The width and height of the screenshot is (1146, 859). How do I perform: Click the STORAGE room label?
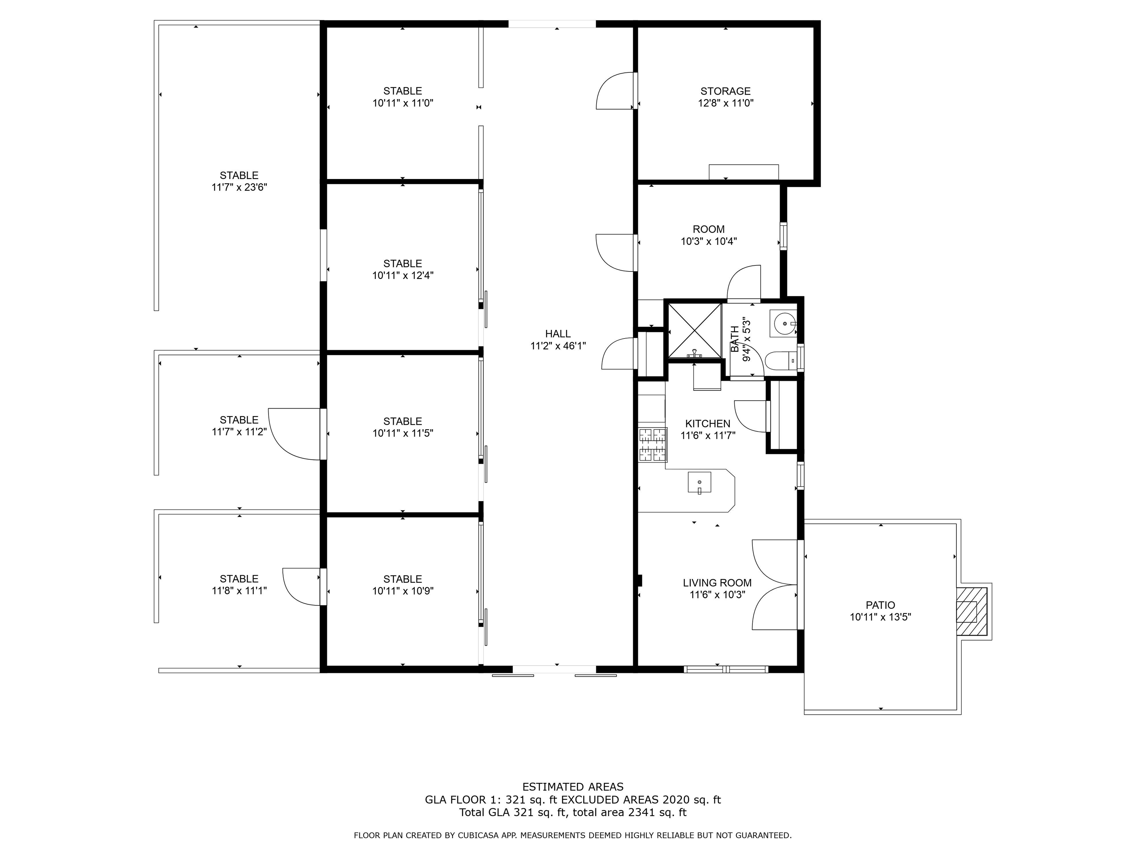tap(725, 91)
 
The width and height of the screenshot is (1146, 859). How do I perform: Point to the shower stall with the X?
tap(694, 330)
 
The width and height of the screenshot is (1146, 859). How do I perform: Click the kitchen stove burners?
tap(652, 445)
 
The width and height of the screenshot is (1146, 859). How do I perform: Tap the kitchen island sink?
tap(699, 482)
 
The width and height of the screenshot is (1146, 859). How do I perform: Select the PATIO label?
tap(880, 605)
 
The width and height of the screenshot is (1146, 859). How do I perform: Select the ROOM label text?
tap(708, 229)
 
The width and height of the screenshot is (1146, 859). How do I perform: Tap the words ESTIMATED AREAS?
tap(573, 787)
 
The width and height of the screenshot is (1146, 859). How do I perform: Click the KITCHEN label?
tap(707, 424)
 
